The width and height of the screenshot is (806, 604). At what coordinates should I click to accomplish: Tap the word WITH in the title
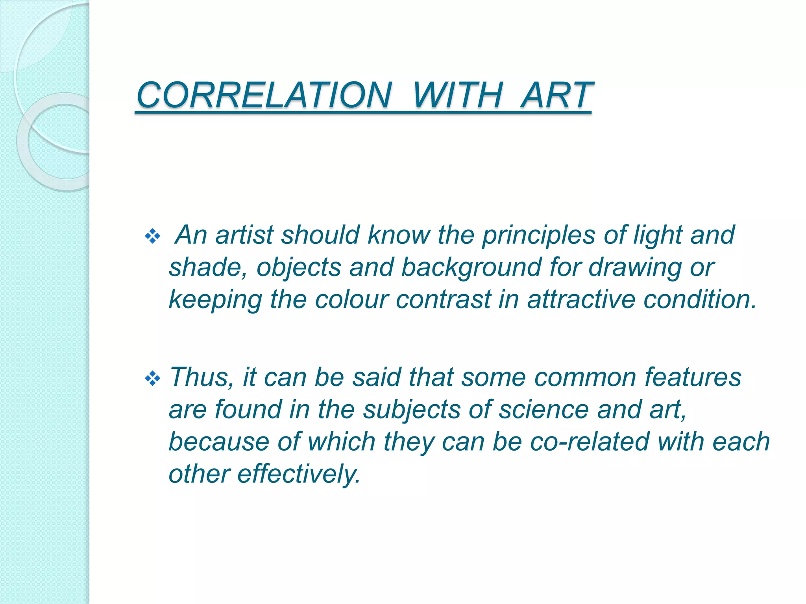(458, 95)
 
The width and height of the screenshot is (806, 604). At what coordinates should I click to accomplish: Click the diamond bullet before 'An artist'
(152, 237)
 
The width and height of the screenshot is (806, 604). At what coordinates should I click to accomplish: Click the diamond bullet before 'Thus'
(152, 379)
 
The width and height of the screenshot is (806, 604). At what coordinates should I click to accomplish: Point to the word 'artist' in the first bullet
(244, 235)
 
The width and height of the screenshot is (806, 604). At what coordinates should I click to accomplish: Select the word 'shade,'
(208, 267)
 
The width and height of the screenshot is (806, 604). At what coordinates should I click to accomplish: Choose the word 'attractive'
(581, 300)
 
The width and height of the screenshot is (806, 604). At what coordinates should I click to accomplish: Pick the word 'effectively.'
(299, 474)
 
